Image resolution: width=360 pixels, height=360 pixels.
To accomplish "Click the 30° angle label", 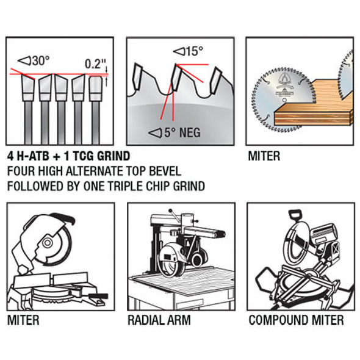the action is click(x=34, y=61).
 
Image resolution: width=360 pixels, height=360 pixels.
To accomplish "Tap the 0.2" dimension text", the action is click(x=96, y=64).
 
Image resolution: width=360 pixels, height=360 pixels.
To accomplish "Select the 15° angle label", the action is click(x=188, y=51).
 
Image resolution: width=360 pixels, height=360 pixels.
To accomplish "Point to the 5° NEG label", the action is click(x=175, y=132).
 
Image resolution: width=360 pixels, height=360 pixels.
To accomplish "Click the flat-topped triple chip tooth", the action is click(x=96, y=88).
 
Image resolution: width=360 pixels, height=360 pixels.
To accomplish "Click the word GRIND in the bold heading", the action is click(x=113, y=156).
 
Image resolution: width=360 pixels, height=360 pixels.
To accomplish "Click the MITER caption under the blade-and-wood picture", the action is click(x=264, y=156).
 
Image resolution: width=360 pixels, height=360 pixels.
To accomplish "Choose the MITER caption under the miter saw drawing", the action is click(x=23, y=320).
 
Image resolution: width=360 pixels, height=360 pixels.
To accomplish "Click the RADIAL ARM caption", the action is click(x=159, y=320).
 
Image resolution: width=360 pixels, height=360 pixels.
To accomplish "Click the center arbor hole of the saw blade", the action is click(x=285, y=100).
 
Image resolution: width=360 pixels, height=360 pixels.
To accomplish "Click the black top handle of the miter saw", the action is click(x=62, y=218).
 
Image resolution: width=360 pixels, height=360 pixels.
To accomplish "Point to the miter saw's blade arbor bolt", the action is click(x=47, y=243).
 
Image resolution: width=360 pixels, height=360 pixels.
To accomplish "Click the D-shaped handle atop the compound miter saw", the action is click(x=295, y=215).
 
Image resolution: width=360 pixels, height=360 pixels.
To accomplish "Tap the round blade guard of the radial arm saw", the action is click(x=170, y=261).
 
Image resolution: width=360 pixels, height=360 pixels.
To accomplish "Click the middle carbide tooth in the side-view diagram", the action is click(x=177, y=77).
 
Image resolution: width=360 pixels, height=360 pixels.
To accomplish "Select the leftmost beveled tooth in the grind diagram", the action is click(x=28, y=88).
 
